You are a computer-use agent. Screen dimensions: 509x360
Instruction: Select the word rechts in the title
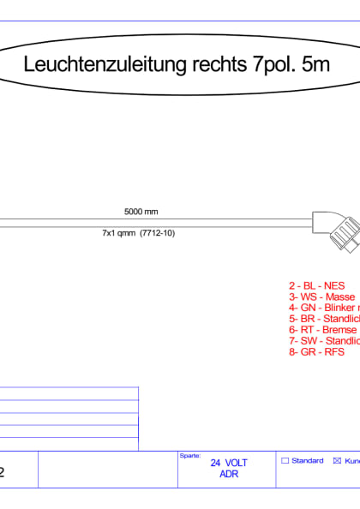pyautogui.click(x=192, y=64)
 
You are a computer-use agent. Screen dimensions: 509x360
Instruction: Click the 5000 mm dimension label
pyautogui.click(x=141, y=211)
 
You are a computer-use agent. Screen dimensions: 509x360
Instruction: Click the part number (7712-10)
pyautogui.click(x=157, y=232)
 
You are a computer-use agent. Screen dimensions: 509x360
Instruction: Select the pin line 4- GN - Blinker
pyautogui.click(x=323, y=308)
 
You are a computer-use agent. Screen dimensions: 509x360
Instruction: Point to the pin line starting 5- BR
pyautogui.click(x=323, y=319)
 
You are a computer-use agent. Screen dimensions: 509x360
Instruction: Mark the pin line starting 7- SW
pyautogui.click(x=323, y=340)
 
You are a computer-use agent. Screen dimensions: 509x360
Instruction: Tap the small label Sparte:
pyautogui.click(x=189, y=456)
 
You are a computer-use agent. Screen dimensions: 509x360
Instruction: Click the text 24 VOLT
pyautogui.click(x=229, y=463)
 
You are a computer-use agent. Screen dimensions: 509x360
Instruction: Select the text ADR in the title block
pyautogui.click(x=229, y=474)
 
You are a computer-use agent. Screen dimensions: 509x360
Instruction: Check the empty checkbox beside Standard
pyautogui.click(x=285, y=461)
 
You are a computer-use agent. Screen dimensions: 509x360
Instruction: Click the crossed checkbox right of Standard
pyautogui.click(x=336, y=461)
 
